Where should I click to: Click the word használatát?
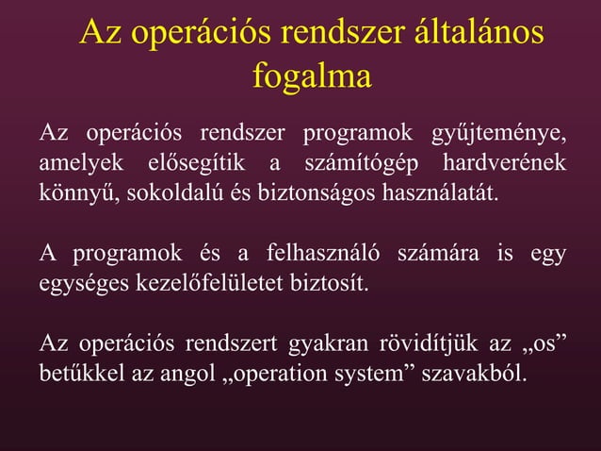442,193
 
